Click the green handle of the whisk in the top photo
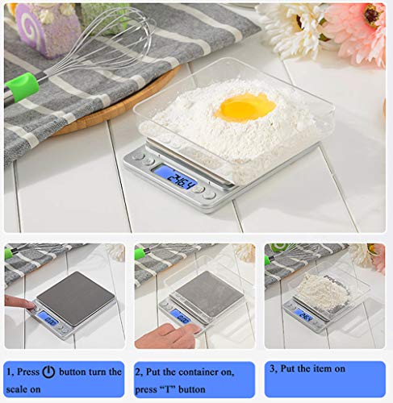click(x=22, y=86)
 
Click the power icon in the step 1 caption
click(x=48, y=372)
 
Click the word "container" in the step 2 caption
click(x=211, y=372)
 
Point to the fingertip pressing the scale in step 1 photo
click(x=30, y=305)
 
